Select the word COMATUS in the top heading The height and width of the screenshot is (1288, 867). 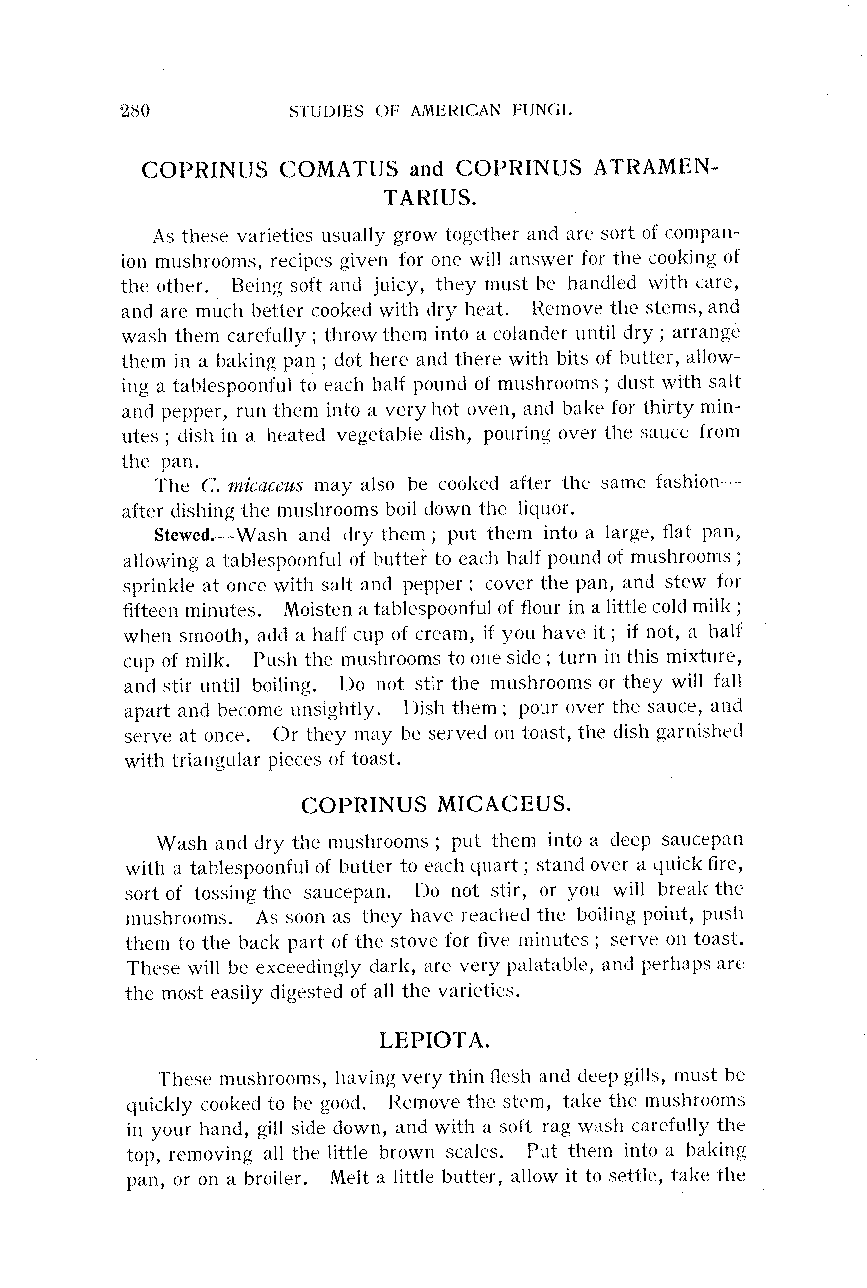(x=338, y=169)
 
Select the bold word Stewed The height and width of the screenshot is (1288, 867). (x=183, y=535)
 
